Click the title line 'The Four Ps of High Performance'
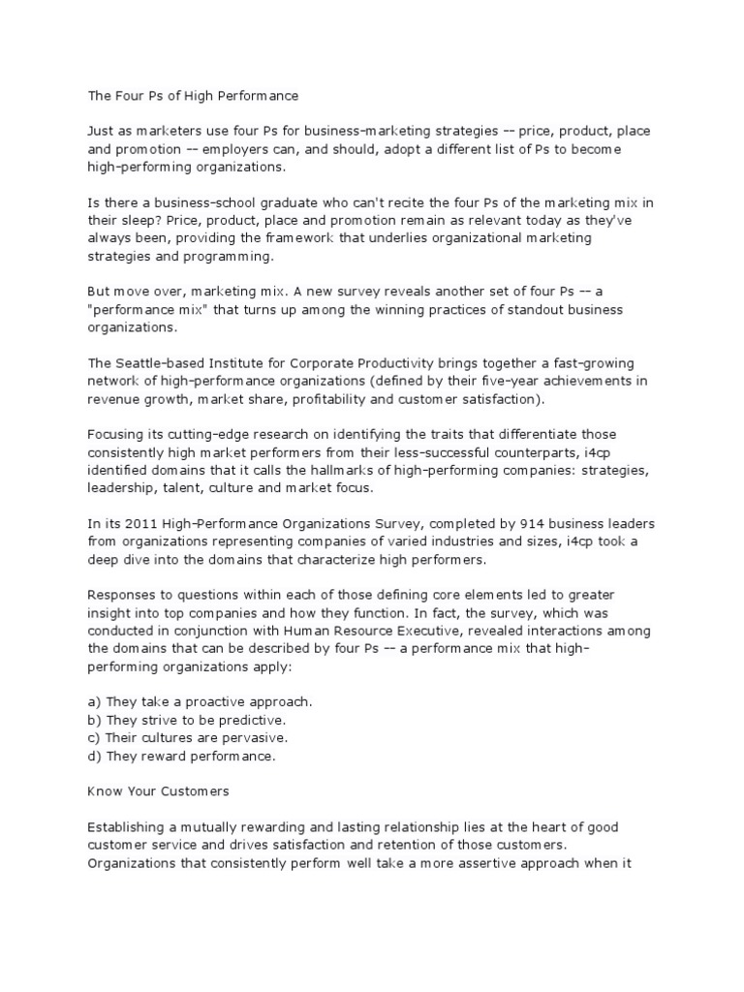188,96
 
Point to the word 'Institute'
249,363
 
